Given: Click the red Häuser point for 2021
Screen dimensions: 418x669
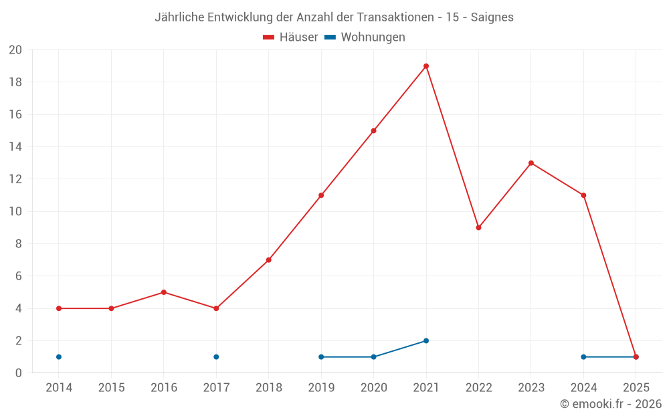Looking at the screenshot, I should tap(426, 66).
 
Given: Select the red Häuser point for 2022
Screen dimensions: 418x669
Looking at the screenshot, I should tap(478, 227).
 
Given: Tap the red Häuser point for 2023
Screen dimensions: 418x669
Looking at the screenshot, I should tap(531, 163).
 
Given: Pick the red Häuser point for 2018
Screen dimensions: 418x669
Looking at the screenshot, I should tap(268, 260).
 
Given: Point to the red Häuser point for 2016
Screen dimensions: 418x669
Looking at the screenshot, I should tap(163, 292).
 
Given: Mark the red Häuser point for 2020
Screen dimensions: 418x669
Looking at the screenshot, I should tap(373, 130).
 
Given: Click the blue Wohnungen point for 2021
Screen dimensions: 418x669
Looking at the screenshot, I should tap(426, 340).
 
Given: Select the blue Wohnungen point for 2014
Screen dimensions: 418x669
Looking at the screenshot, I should tap(59, 356).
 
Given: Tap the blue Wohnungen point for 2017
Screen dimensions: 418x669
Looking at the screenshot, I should tap(216, 356).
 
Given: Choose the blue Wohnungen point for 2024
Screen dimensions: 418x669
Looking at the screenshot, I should tap(583, 356).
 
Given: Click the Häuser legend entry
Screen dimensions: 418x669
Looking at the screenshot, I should tap(290, 37).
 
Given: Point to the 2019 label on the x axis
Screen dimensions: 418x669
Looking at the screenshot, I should tap(321, 388).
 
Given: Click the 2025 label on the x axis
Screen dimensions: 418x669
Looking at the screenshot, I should tap(636, 388).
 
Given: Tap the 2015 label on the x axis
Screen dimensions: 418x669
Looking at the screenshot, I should tap(111, 388).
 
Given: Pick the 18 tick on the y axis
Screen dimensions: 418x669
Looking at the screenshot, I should tap(15, 82).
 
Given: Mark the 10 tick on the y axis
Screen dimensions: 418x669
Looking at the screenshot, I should tap(15, 211).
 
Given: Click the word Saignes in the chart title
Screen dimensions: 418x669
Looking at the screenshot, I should tap(492, 17).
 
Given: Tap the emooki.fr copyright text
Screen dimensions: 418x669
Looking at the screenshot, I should tap(611, 404).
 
